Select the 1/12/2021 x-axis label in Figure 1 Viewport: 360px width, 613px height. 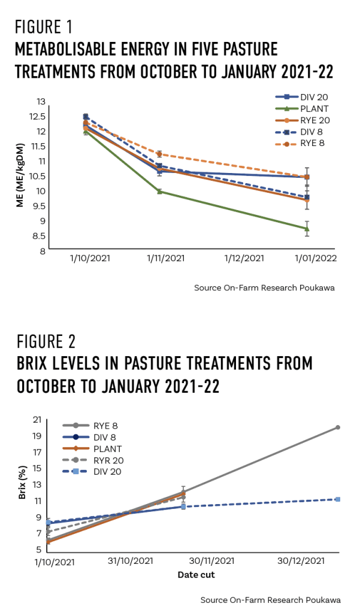[244, 259]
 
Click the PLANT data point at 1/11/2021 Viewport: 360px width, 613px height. [159, 192]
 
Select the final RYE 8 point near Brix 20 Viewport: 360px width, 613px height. [338, 427]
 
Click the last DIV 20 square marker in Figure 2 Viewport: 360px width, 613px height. [338, 499]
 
